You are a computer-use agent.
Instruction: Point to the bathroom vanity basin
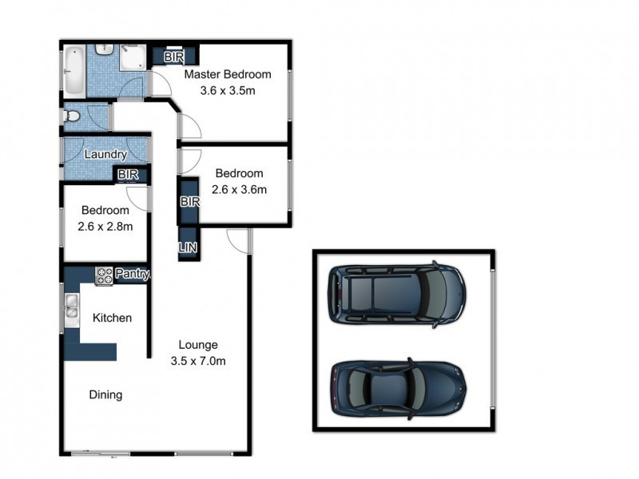point(105,49)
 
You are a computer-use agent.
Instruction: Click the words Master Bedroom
point(228,75)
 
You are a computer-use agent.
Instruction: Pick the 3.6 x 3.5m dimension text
point(228,90)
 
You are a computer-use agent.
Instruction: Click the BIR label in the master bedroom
point(173,57)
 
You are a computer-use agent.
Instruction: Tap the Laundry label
point(105,154)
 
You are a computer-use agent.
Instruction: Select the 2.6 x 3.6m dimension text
point(239,189)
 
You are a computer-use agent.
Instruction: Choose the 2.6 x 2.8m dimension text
point(105,226)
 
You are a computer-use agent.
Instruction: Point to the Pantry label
point(133,274)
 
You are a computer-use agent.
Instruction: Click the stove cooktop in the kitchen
point(105,275)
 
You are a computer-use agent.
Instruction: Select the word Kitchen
point(112,318)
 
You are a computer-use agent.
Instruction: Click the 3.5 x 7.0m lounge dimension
point(198,360)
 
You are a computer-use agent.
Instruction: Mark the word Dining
point(105,394)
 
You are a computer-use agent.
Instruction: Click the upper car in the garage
point(396,295)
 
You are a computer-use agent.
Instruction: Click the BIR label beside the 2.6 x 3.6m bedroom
point(189,202)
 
